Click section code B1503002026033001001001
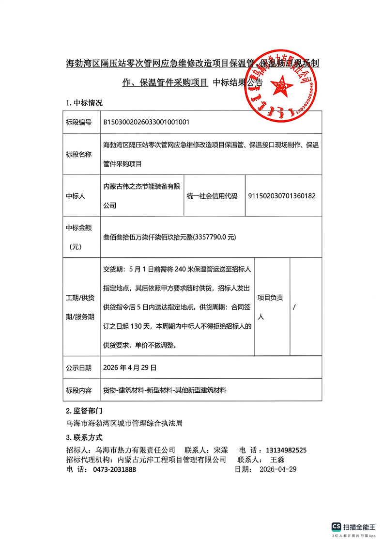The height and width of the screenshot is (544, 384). [146, 122]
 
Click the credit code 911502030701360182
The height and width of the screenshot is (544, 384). [281, 196]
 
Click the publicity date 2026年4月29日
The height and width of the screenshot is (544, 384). [130, 368]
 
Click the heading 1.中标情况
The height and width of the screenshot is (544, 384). [84, 103]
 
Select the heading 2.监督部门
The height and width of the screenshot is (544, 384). [84, 411]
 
